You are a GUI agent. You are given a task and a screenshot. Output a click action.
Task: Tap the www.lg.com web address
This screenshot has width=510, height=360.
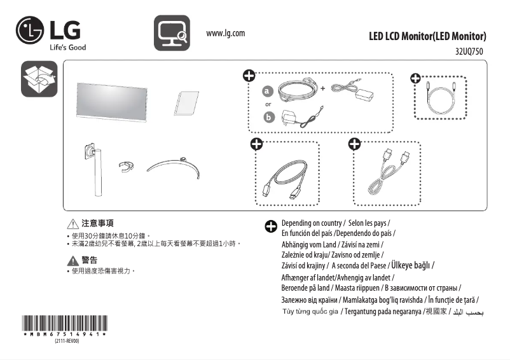tap(226, 33)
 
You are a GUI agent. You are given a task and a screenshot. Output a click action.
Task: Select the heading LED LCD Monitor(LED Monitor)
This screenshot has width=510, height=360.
tap(427, 36)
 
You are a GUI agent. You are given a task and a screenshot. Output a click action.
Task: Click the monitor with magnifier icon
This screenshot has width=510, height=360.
tap(172, 33)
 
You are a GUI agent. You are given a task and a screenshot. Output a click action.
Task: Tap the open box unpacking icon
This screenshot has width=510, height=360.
tap(39, 79)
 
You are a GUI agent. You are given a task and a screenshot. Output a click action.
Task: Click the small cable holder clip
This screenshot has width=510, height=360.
tap(127, 167)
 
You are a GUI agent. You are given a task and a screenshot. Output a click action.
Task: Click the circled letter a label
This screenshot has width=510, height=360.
tap(268, 90)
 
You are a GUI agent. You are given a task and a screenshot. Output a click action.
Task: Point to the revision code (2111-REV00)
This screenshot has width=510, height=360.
tap(65, 342)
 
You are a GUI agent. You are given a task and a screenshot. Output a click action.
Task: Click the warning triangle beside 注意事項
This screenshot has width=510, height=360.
tap(72, 225)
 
